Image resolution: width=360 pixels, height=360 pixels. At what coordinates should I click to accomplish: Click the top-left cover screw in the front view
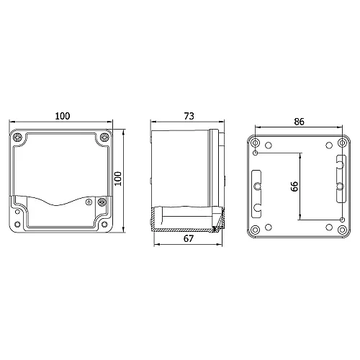pyautogui.click(x=17, y=138)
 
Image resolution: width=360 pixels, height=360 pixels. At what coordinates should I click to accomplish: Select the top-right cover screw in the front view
pyautogui.click(x=105, y=138)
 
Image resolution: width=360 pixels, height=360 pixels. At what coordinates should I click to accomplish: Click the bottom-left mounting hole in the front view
pyautogui.click(x=15, y=229)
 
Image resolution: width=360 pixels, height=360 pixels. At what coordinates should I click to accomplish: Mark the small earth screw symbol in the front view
pyautogui.click(x=89, y=202)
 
